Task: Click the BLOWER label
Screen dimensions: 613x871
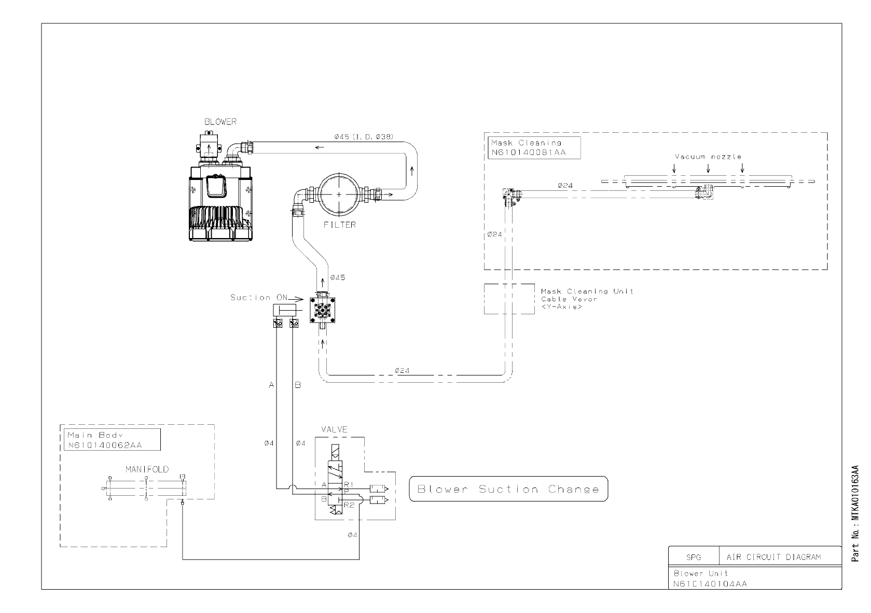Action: (x=220, y=122)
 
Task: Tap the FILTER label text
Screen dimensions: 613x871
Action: (x=340, y=225)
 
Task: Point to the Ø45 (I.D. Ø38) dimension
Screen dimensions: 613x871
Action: (x=364, y=136)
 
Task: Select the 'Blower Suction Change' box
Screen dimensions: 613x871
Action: (x=508, y=489)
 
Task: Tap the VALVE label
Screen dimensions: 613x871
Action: (x=334, y=429)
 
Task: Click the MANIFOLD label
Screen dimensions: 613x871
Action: (x=147, y=469)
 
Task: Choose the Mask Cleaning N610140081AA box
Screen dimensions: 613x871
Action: (x=534, y=147)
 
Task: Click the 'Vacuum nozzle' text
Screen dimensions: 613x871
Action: (x=708, y=156)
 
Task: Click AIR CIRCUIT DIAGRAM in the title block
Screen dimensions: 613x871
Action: (x=773, y=558)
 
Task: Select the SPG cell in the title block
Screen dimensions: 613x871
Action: (x=693, y=558)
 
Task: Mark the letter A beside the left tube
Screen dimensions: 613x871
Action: (x=271, y=385)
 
